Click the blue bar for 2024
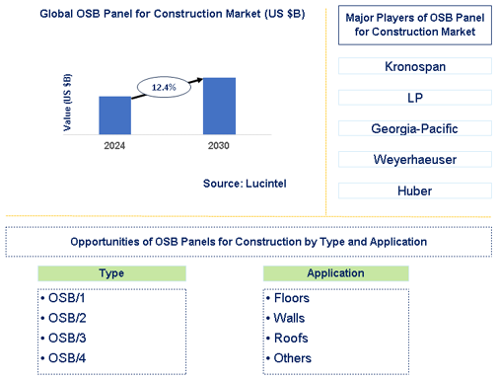pos(115,115)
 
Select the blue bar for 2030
pos(219,106)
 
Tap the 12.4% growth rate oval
pos(164,87)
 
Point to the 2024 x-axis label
pos(114,146)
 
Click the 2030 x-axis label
pos(219,146)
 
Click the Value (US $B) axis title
pos(67,103)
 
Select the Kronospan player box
pos(415,66)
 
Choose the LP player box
pos(415,98)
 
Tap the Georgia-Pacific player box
pos(415,128)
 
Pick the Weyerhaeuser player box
pos(415,160)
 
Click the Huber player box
pos(415,190)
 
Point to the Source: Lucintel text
pos(245,184)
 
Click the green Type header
pos(111,273)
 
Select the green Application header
pos(335,273)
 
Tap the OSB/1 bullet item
pos(63,298)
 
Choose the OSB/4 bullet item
pos(63,358)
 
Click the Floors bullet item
pos(288,298)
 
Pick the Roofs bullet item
pos(287,339)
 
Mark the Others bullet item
pos(289,358)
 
